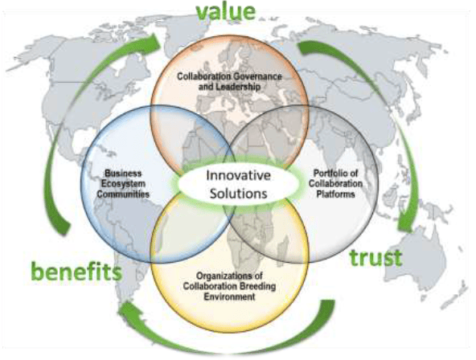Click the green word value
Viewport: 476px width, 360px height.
click(226, 11)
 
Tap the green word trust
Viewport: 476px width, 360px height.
click(375, 258)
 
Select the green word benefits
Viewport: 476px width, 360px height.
click(76, 272)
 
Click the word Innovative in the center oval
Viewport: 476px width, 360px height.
click(238, 176)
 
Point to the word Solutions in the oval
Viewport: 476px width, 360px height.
click(238, 194)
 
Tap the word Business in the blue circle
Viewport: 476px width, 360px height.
click(123, 174)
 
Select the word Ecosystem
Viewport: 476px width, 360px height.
click(123, 184)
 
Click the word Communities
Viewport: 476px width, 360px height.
click(123, 194)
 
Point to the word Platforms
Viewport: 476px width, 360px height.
click(336, 194)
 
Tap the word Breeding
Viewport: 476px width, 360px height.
click(258, 286)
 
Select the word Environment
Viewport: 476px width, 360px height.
click(229, 297)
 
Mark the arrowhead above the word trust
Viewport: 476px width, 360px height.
click(406, 224)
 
